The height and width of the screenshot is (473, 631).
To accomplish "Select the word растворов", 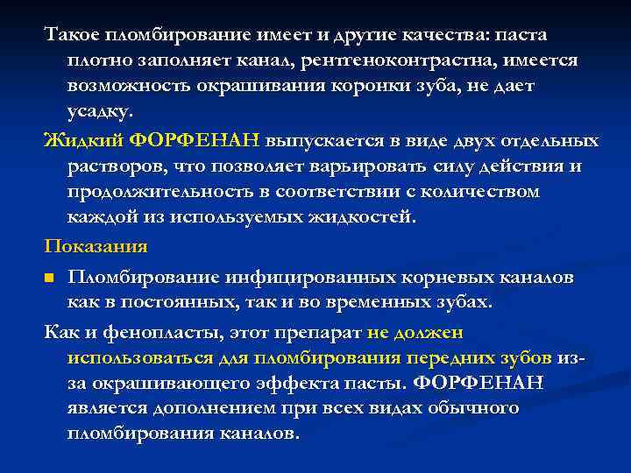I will pyautogui.click(x=114, y=166).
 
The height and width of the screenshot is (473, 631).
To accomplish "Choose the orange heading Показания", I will pyautogui.click(x=96, y=245).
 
